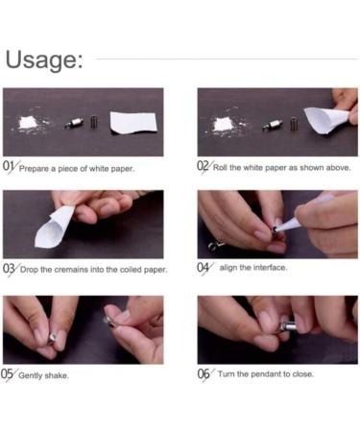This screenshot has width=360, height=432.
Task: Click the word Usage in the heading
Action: [x=44, y=60]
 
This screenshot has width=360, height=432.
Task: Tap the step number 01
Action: [x=9, y=166]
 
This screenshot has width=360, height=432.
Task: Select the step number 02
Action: [x=203, y=166]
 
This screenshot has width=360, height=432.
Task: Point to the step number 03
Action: [x=9, y=268]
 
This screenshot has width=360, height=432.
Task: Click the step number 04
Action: [x=203, y=267]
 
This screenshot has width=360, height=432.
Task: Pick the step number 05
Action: [x=7, y=373]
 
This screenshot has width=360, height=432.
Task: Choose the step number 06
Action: [x=204, y=373]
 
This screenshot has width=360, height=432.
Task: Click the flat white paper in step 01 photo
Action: [x=133, y=123]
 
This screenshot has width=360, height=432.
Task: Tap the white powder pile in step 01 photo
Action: [x=29, y=123]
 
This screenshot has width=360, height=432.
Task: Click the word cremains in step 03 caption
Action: [x=71, y=270]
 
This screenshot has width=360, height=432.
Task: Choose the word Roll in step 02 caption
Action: [x=220, y=167]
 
